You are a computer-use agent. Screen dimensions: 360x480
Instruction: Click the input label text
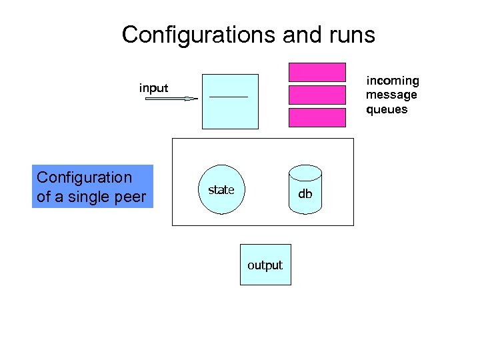153,87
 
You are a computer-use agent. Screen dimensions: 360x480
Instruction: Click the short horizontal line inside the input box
229,97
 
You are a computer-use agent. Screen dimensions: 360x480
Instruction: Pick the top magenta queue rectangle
317,72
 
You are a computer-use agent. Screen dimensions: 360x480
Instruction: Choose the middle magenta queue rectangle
317,95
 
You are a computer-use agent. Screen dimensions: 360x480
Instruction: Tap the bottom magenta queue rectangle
317,117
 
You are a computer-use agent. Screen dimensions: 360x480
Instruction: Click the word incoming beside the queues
393,81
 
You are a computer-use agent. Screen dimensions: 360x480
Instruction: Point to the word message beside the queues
391,95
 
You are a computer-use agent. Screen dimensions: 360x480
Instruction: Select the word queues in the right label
387,109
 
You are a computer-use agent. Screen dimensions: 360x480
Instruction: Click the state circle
221,190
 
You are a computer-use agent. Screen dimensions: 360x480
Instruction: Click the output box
265,265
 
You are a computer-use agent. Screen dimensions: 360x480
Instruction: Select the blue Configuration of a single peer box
93,187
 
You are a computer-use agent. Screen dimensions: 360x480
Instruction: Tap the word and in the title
301,35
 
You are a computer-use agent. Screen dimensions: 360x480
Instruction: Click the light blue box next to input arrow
230,101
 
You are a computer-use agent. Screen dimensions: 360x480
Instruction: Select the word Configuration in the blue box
85,177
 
